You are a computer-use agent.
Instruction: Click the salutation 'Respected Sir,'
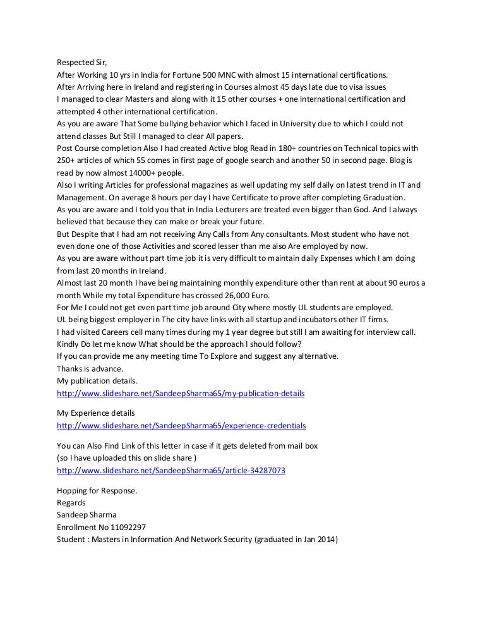(x=82, y=62)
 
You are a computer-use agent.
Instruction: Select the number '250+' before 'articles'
(x=66, y=160)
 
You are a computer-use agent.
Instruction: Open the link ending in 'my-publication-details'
(x=181, y=394)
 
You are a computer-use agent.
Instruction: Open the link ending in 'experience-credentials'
(x=181, y=426)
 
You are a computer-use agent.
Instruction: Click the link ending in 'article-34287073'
(x=171, y=471)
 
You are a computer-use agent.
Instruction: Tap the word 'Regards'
(x=71, y=503)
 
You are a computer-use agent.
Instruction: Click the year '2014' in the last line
(x=327, y=540)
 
